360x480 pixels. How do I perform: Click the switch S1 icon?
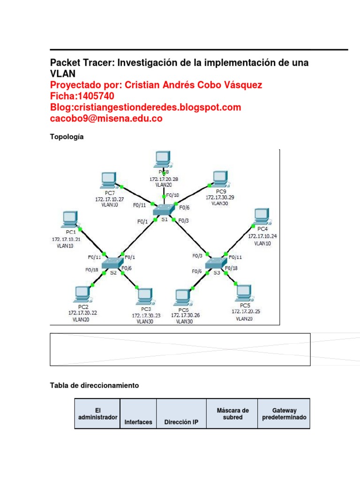pos(164,210)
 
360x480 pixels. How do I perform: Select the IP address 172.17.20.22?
pos(83,312)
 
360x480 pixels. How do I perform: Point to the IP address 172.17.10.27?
pos(109,199)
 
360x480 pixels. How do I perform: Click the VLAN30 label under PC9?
pos(219,204)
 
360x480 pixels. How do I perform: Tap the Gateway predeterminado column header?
pos(284,413)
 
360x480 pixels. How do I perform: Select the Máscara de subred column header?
pos(232,413)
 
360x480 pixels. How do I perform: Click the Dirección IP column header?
pos(181,422)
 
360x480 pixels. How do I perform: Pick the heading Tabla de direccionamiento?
pos(94,385)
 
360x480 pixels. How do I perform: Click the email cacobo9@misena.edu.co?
pos(106,119)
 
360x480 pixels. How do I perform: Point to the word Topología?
pos(67,136)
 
